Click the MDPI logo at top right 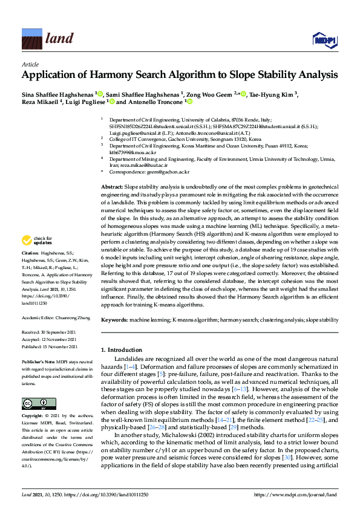click(324, 40)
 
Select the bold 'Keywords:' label click(114, 319)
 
